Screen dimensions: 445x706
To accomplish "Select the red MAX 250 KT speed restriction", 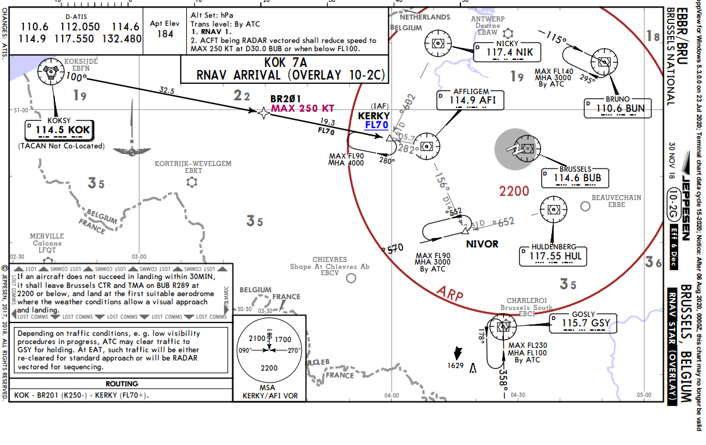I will tap(311, 109).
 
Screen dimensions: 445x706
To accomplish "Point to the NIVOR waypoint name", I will tap(482, 244).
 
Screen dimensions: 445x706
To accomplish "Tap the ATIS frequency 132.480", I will tap(123, 39).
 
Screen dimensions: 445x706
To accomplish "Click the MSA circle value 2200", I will tap(269, 367).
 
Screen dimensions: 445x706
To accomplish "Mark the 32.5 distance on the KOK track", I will tap(184, 90).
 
